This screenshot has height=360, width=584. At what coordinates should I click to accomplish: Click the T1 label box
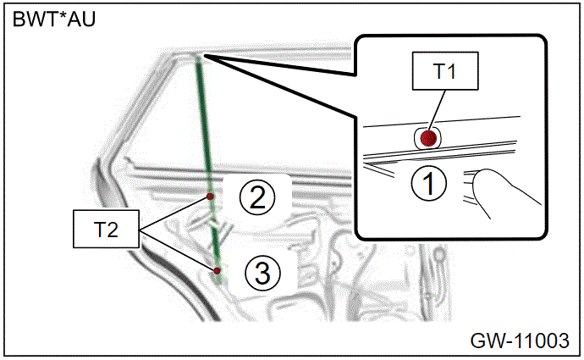click(445, 71)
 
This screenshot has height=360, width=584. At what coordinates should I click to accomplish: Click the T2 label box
click(106, 229)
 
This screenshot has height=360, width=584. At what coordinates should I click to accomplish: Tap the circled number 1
click(428, 183)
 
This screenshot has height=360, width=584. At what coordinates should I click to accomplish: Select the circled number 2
click(257, 197)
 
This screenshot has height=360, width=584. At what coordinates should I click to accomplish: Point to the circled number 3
click(262, 273)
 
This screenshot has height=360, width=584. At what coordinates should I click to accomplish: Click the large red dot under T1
click(428, 138)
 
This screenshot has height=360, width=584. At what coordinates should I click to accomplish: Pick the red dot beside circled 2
click(210, 197)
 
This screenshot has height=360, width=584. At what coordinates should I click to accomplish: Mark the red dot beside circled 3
click(217, 270)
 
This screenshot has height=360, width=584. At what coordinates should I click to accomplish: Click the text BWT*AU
click(54, 19)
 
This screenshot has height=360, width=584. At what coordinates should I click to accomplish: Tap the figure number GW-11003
click(520, 341)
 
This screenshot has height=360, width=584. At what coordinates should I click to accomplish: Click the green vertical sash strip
click(208, 169)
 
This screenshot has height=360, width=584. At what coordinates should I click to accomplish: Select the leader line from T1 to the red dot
click(437, 110)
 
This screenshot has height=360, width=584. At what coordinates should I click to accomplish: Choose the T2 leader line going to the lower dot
click(177, 250)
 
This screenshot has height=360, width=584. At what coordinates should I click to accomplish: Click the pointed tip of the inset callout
click(204, 55)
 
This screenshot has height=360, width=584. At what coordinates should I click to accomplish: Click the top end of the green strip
click(197, 56)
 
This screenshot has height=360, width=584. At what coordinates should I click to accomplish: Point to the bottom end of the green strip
click(219, 282)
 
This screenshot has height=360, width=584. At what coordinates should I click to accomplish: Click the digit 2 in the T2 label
click(112, 230)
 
